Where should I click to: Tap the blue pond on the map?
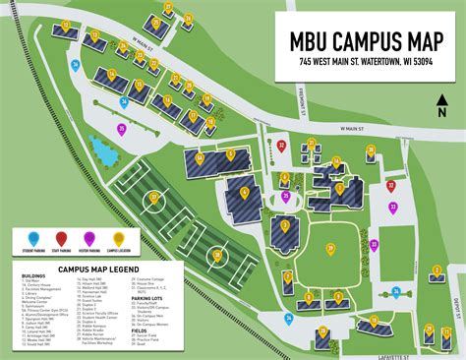pyautogui.click(x=101, y=150)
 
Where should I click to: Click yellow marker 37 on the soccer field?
pyautogui.click(x=154, y=199)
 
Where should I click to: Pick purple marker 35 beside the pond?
pyautogui.click(x=122, y=129)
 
